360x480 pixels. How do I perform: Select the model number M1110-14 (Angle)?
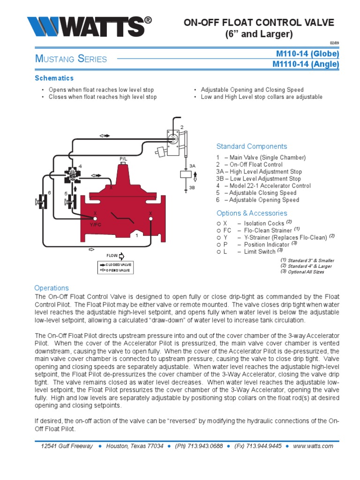[x=305, y=64]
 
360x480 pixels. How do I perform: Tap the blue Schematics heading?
[x=54, y=78]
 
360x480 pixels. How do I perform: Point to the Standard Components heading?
[x=251, y=146]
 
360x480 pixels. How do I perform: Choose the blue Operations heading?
[x=52, y=288]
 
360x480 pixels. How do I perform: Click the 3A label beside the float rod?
[x=192, y=166]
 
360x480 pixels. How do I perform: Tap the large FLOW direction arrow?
[x=121, y=256]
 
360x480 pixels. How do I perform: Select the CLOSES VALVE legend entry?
[x=115, y=265]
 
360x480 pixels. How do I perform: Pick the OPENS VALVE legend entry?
[x=115, y=270]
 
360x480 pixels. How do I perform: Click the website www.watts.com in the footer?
[x=313, y=446]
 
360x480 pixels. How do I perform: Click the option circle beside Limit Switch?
[x=219, y=252]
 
